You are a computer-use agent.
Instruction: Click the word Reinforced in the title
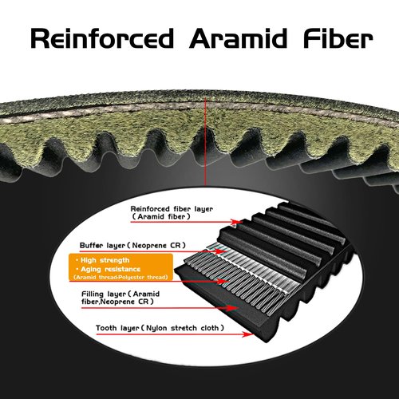click(102, 39)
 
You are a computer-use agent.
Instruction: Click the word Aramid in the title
click(239, 38)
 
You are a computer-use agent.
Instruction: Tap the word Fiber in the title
click(338, 38)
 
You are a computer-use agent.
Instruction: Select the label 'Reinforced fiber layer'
click(172, 209)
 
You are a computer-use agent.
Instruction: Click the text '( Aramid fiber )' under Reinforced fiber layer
click(161, 216)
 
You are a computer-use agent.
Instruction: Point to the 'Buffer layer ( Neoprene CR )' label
click(132, 245)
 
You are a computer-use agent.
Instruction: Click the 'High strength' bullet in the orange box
click(103, 260)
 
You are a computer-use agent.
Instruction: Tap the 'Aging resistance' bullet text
click(108, 269)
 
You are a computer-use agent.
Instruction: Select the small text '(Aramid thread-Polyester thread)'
click(120, 277)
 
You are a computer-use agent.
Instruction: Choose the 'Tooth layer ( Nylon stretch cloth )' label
click(160, 328)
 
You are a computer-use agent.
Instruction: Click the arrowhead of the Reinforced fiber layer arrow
click(237, 222)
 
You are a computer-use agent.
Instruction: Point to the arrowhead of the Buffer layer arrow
click(220, 251)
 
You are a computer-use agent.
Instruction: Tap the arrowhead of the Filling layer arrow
click(231, 308)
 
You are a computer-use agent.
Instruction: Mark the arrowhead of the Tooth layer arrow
click(247, 334)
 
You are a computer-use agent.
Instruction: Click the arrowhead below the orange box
click(223, 281)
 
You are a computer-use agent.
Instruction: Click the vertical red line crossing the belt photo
click(205, 141)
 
